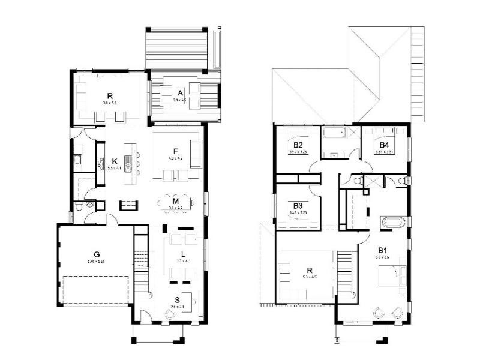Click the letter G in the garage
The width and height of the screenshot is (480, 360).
97,254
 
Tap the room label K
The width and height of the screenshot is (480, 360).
114,161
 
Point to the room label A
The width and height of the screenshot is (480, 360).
180,92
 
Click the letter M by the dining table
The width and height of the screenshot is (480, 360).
176,201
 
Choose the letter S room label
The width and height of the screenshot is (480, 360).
177,299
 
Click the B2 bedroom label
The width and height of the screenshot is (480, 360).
298,145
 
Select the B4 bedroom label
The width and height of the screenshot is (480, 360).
384,145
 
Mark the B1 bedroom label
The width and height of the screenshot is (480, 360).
382,250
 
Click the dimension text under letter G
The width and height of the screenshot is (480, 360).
96,262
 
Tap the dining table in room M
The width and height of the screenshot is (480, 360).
176,203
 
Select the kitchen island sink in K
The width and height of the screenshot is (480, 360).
128,161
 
